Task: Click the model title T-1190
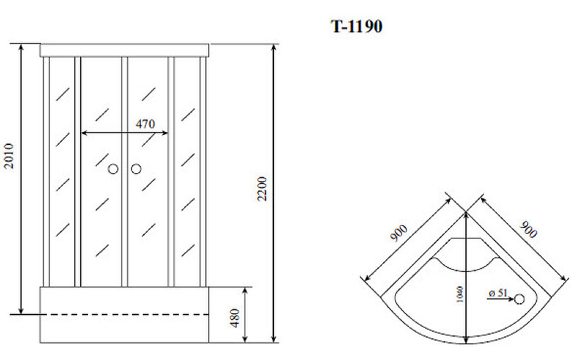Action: tap(356, 27)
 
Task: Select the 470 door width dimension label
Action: tap(146, 124)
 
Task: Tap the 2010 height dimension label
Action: tap(9, 156)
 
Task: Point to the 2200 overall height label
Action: tap(262, 188)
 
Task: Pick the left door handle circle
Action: tap(113, 169)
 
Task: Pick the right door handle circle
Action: tap(136, 169)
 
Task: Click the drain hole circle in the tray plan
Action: tap(519, 299)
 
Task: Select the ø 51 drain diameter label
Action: tap(498, 293)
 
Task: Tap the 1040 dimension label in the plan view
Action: tap(459, 294)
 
